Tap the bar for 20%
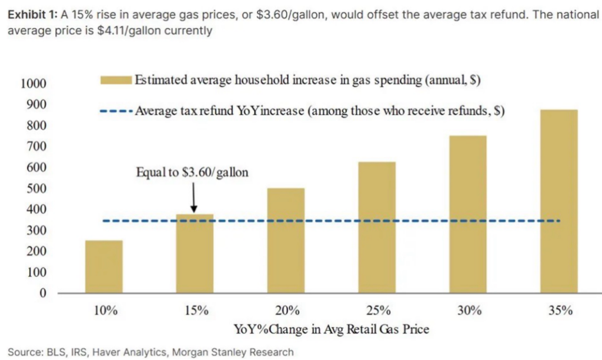[x=286, y=241]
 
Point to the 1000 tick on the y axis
[x=33, y=84]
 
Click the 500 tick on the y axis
[x=36, y=189]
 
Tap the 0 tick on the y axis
[x=42, y=293]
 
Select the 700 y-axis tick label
[x=36, y=146]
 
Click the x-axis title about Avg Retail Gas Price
[x=332, y=329]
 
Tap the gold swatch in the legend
[x=116, y=81]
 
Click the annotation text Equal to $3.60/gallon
[x=192, y=172]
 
